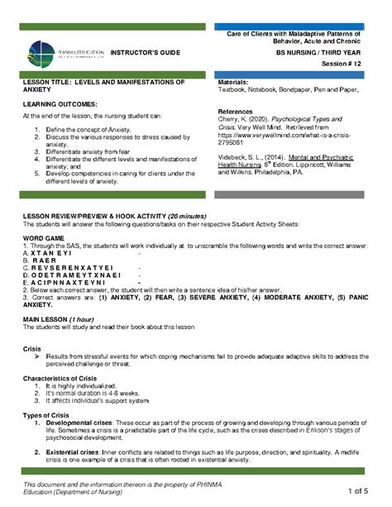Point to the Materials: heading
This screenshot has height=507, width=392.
coord(236,83)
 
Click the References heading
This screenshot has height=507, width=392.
coord(237,111)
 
